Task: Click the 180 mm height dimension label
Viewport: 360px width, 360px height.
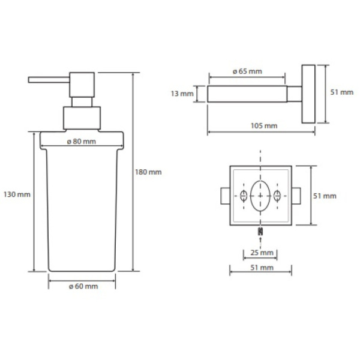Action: click(148, 172)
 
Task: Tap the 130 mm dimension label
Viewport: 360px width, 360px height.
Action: click(17, 194)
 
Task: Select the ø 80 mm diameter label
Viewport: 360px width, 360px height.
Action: click(82, 142)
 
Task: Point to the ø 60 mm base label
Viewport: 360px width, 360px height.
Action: click(83, 286)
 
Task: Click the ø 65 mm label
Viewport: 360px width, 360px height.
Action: click(247, 71)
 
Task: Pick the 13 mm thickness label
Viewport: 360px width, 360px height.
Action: click(182, 94)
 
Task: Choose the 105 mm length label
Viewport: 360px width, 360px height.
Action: click(264, 126)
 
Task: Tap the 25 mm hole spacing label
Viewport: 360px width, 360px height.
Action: click(262, 253)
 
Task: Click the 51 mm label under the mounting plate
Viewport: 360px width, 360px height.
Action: click(262, 268)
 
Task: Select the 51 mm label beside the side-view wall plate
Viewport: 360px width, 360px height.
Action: click(342, 92)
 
